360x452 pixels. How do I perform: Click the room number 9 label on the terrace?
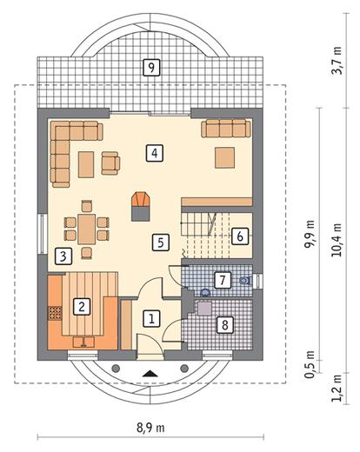coord(151,68)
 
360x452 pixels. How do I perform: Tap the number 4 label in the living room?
coord(155,153)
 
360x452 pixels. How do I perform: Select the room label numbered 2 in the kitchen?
coord(82,307)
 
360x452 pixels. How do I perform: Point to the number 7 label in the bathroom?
coord(223,280)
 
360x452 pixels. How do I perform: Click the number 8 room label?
coord(225,325)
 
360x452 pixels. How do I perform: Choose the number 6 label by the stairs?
coord(240,236)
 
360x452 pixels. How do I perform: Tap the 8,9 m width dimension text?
coord(150,428)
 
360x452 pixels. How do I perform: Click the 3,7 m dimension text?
coord(337,60)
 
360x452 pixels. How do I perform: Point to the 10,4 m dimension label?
coord(337,240)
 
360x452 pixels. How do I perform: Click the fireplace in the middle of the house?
coord(141,207)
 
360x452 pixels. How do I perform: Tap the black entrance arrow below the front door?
coord(150,374)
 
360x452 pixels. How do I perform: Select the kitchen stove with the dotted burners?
coord(55,313)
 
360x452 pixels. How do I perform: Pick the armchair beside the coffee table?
coord(110,163)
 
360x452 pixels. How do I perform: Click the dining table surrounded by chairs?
coord(87,229)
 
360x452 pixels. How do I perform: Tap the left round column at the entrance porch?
coord(116,369)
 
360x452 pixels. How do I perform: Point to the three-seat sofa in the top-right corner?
coord(226,129)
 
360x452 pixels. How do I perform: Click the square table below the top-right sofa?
coord(224,157)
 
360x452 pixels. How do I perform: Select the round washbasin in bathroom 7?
coord(205,292)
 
